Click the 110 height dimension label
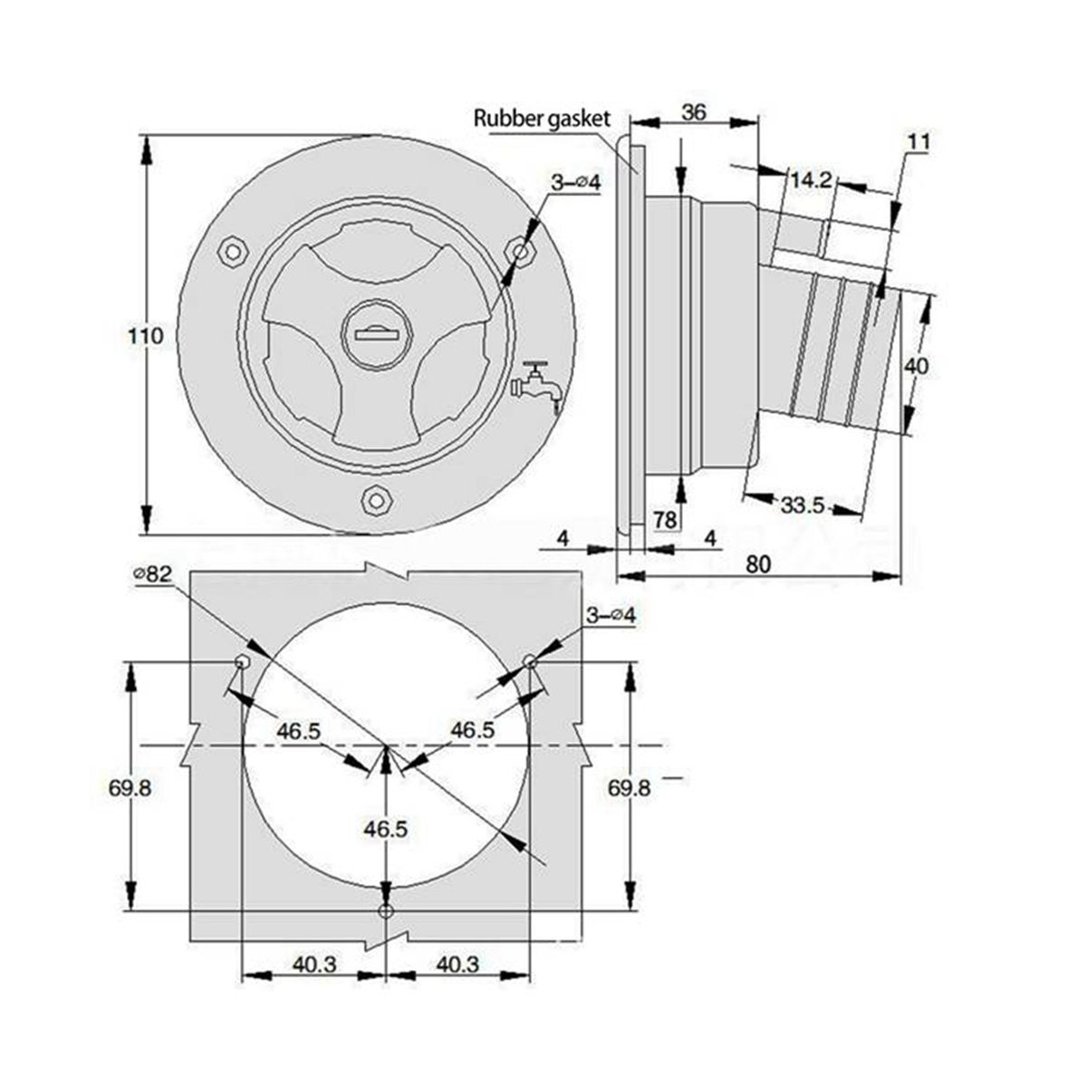pyautogui.click(x=146, y=336)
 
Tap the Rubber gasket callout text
pyautogui.click(x=542, y=119)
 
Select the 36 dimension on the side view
pyautogui.click(x=694, y=113)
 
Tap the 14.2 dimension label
pyautogui.click(x=811, y=180)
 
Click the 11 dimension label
pyautogui.click(x=919, y=141)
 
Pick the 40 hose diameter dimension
pyautogui.click(x=916, y=367)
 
